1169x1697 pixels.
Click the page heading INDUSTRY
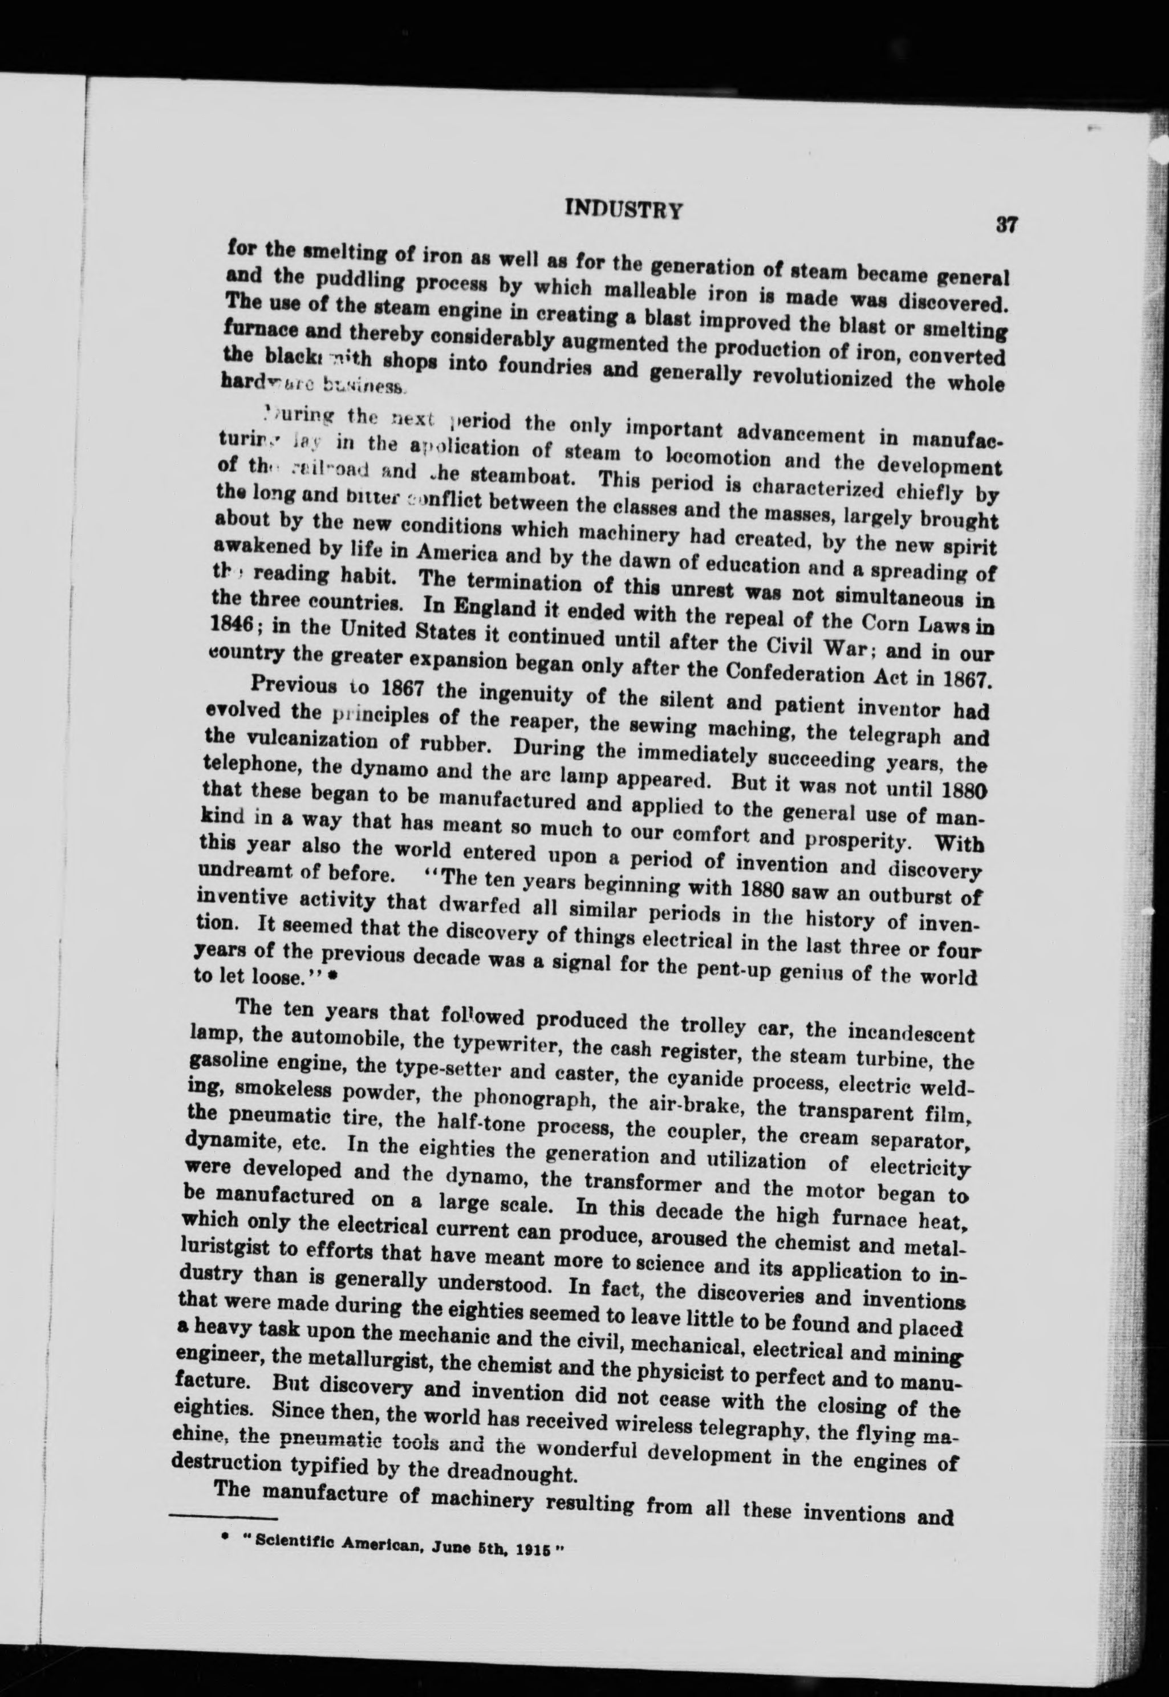point(624,211)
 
